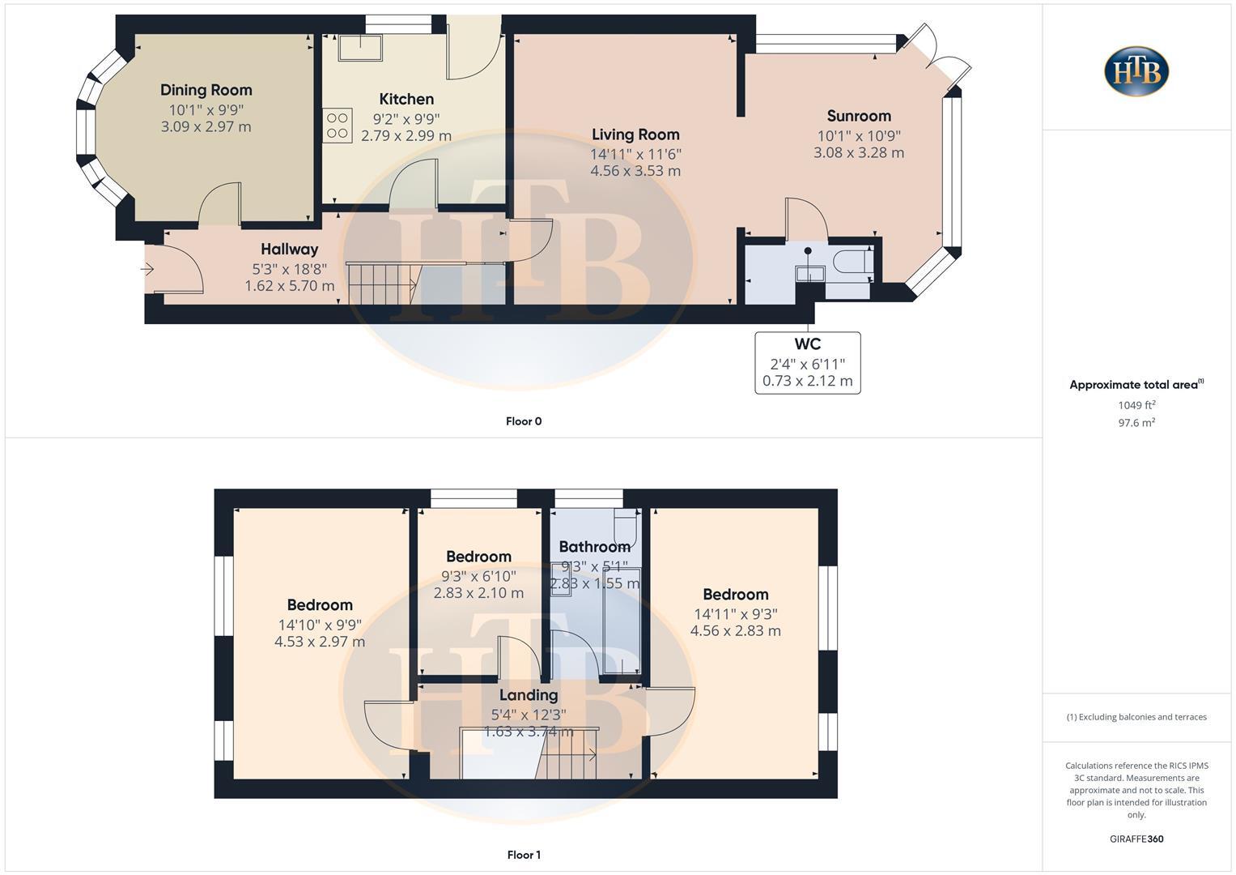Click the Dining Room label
[206, 90]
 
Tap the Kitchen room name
[406, 99]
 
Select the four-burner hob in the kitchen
[338, 126]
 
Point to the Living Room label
[635, 134]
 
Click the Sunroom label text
[859, 116]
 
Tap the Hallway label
[289, 249]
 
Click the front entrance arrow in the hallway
[148, 268]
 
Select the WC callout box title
[807, 344]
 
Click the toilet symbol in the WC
[852, 263]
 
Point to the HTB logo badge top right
[1136, 71]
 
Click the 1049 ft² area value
[1136, 405]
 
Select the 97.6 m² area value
[1136, 422]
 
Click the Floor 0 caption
[524, 421]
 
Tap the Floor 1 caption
[524, 855]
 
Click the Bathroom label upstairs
[594, 547]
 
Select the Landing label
[528, 695]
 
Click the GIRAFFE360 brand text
[1136, 839]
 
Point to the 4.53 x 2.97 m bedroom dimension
[320, 642]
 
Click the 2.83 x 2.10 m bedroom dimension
[478, 593]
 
